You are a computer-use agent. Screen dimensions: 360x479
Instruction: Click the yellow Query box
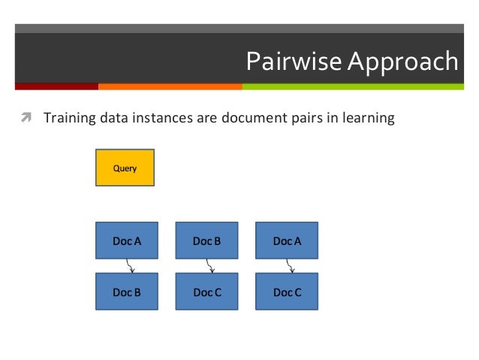click(125, 168)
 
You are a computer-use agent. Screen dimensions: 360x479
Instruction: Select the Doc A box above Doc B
click(127, 241)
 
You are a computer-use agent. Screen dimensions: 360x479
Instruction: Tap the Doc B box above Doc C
click(206, 241)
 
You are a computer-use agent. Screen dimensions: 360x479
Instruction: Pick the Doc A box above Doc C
click(287, 241)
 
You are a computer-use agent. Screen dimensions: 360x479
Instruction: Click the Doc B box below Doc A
click(127, 292)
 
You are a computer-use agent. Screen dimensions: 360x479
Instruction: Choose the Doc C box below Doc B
click(206, 292)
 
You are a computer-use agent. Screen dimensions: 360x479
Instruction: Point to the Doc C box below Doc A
click(287, 292)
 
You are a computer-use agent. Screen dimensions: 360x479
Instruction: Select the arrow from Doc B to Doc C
click(210, 266)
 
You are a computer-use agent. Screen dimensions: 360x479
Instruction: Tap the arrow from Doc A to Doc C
click(291, 266)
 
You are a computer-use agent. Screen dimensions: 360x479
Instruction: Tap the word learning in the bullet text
click(366, 119)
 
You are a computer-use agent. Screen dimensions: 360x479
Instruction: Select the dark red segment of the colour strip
click(56, 86)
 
